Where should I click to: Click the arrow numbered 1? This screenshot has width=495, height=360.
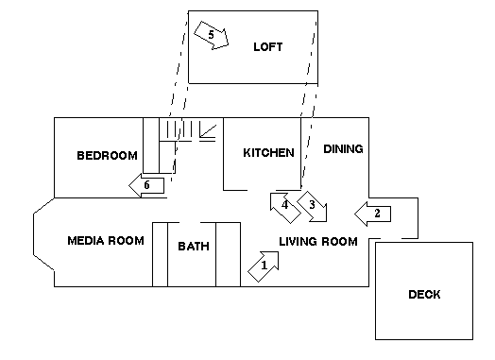(264, 266)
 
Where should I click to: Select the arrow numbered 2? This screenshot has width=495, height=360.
(373, 214)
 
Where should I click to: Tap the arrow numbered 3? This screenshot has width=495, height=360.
(313, 206)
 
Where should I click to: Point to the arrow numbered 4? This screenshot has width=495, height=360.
(285, 208)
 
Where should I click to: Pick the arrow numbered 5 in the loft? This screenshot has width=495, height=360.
(212, 35)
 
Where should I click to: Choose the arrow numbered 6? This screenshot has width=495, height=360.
(146, 185)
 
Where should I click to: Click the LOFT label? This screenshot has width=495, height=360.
(268, 47)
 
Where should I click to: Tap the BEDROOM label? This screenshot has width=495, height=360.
(108, 155)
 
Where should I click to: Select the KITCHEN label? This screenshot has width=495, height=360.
(268, 153)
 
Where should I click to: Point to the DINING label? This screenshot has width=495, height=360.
(343, 149)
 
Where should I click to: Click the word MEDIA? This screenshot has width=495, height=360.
(86, 241)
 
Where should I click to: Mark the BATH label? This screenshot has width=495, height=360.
(194, 246)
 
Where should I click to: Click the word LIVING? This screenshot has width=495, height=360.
(298, 242)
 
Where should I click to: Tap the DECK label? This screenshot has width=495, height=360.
(424, 294)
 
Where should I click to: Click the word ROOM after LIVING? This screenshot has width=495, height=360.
(339, 242)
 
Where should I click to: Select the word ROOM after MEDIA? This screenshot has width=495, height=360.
(126, 241)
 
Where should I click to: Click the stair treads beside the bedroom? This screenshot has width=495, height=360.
(179, 129)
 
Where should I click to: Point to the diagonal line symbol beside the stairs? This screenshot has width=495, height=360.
(208, 131)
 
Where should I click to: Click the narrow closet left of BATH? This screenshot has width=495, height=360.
(160, 254)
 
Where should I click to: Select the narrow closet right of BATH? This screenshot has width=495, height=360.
(229, 254)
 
